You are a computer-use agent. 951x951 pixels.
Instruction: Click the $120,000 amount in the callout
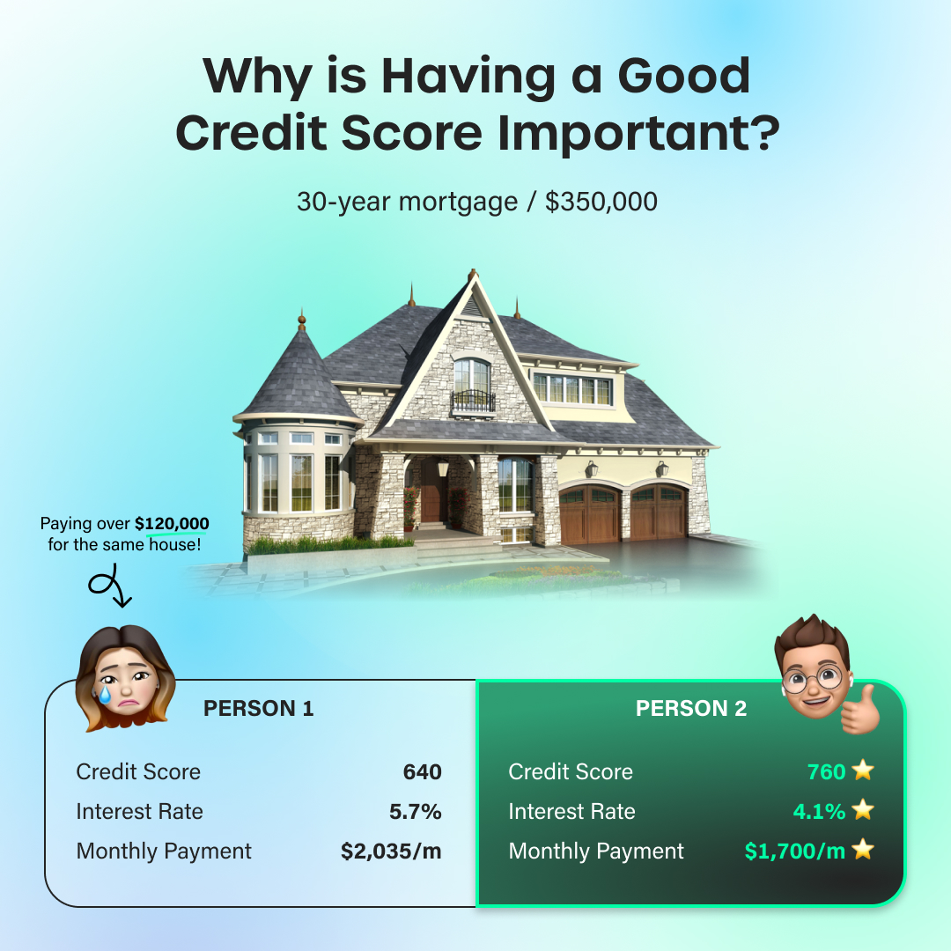172,523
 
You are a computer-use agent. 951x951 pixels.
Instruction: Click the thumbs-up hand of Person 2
860,710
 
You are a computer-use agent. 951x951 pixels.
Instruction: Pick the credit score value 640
422,772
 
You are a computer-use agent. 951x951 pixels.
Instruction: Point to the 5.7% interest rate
416,812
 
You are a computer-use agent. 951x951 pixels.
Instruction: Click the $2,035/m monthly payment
391,851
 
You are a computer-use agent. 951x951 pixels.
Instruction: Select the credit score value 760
826,772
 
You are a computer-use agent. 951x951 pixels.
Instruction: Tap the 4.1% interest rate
820,812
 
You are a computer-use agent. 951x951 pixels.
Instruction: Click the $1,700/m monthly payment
795,851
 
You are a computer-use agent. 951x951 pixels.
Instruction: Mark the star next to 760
862,770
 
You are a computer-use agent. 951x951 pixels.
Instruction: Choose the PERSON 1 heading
258,708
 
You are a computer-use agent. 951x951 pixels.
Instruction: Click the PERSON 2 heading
691,708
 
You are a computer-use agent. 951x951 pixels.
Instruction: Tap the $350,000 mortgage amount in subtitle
601,202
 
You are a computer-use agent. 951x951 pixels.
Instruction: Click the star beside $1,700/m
862,849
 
